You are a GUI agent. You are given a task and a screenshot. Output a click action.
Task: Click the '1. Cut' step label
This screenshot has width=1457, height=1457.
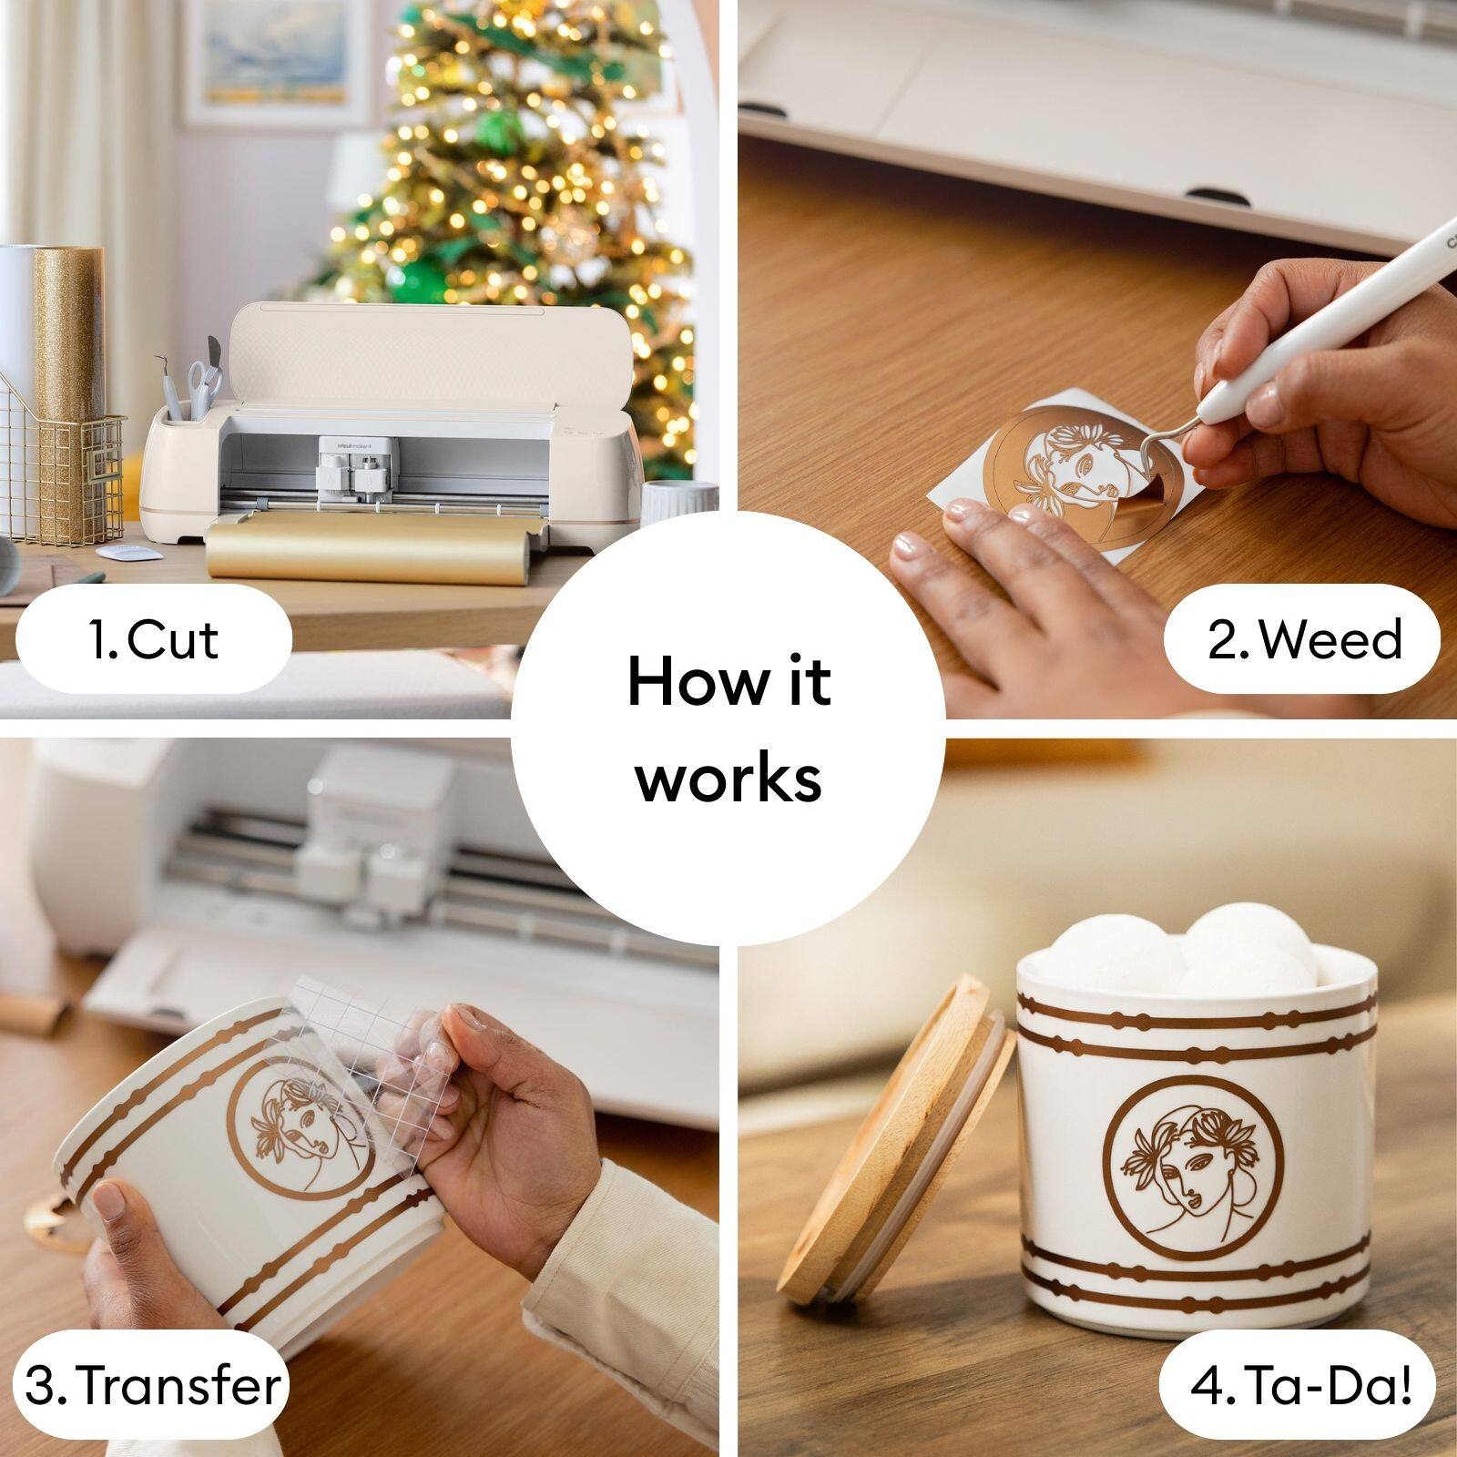tap(154, 639)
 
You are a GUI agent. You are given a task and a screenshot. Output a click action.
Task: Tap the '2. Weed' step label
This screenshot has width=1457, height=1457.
tap(1303, 639)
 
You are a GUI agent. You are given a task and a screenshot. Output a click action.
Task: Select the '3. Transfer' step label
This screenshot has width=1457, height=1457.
tap(152, 1385)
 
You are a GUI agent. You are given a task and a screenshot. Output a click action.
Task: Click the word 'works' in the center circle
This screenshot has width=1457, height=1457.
tap(728, 778)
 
